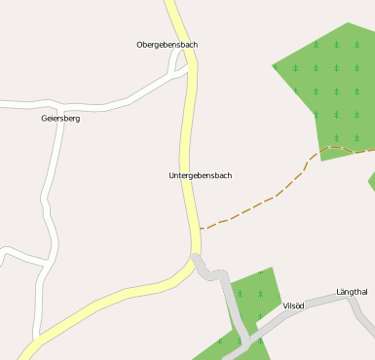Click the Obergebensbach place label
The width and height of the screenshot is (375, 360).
click(x=168, y=45)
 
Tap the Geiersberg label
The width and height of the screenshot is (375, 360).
click(x=60, y=118)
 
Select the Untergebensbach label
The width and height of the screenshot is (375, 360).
click(x=200, y=175)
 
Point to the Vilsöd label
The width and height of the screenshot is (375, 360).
click(x=293, y=306)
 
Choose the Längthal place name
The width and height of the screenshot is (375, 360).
click(x=352, y=292)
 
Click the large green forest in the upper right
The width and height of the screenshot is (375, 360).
click(x=331, y=88)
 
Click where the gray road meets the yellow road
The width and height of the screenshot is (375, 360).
click(x=196, y=259)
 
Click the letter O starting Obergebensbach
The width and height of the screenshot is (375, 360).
click(x=140, y=45)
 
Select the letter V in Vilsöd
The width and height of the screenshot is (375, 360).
click(x=285, y=306)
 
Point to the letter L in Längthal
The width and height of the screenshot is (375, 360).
click(x=339, y=292)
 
